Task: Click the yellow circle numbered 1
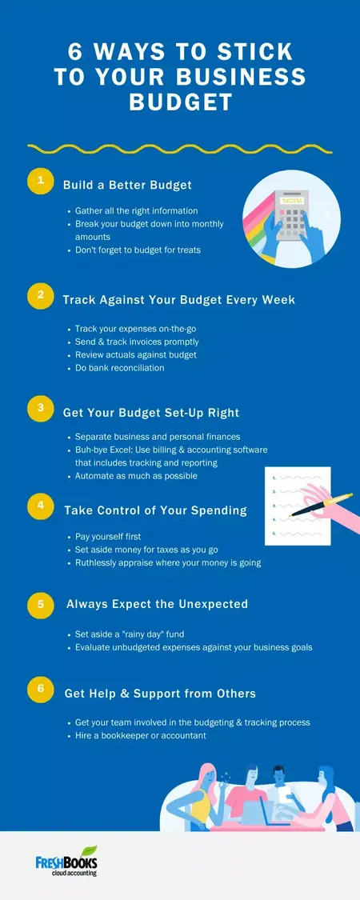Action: pyautogui.click(x=39, y=181)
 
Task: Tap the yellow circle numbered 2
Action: pyautogui.click(x=39, y=295)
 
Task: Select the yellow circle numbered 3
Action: pyautogui.click(x=39, y=409)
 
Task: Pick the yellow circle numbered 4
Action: pyautogui.click(x=39, y=506)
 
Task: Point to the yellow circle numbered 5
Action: pyautogui.click(x=39, y=604)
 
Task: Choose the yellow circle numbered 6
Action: pyautogui.click(x=39, y=689)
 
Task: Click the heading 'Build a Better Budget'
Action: pyautogui.click(x=127, y=186)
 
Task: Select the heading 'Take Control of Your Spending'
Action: pyautogui.click(x=155, y=510)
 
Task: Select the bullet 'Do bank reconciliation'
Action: pyautogui.click(x=119, y=368)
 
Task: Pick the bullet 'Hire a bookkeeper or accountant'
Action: pyautogui.click(x=141, y=735)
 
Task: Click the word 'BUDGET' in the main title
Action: pyautogui.click(x=180, y=102)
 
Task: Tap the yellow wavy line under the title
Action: pyautogui.click(x=180, y=148)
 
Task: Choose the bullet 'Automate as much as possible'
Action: pyautogui.click(x=136, y=476)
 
